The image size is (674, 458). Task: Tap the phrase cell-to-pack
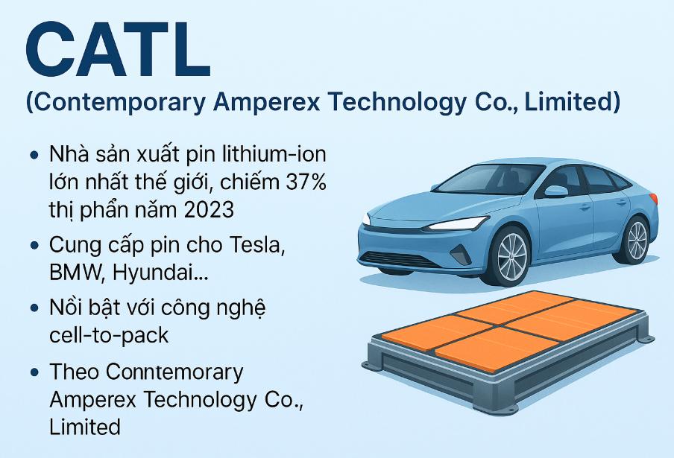point(109,334)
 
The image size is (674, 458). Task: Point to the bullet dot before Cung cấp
point(34,246)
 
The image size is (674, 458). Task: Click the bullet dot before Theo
point(34,371)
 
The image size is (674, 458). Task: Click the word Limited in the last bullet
point(84,427)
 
